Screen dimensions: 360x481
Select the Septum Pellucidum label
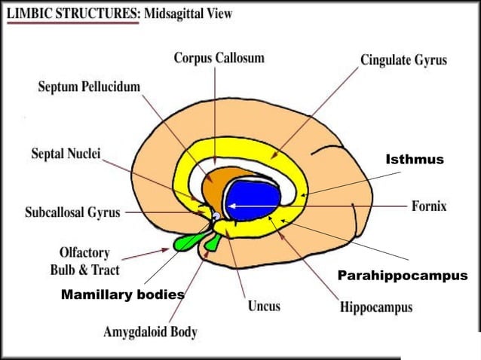(x=89, y=87)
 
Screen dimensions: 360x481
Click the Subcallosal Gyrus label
(x=72, y=212)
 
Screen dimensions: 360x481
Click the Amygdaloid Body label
(x=150, y=331)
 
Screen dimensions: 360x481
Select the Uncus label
(x=264, y=306)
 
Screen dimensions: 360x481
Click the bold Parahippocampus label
(x=402, y=276)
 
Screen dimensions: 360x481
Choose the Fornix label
(x=430, y=205)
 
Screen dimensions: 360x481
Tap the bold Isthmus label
(x=415, y=160)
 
